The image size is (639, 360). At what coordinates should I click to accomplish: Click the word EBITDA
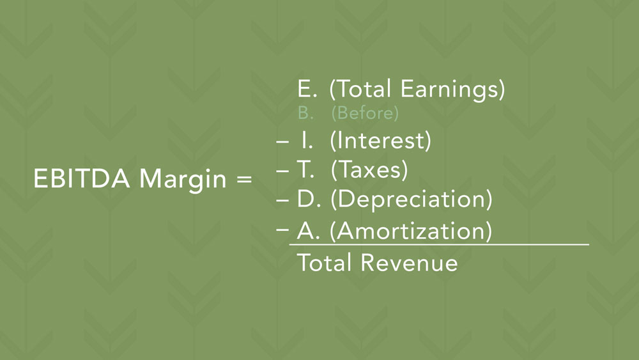click(x=82, y=178)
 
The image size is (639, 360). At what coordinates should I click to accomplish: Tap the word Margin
click(x=183, y=180)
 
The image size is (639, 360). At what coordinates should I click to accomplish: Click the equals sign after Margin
click(x=244, y=179)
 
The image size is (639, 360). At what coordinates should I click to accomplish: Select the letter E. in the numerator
click(x=307, y=88)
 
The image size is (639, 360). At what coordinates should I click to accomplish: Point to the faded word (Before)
click(x=365, y=113)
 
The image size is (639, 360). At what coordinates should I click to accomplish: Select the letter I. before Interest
click(x=307, y=141)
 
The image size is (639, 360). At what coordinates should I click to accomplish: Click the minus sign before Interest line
click(x=282, y=142)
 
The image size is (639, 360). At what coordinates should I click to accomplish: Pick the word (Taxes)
click(x=369, y=169)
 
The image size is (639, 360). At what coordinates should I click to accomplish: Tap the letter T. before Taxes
click(x=305, y=169)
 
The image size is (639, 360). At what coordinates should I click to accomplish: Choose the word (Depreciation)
click(x=411, y=199)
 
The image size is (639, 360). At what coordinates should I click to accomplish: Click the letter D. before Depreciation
click(x=309, y=199)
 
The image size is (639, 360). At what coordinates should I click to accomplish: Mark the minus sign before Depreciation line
click(x=282, y=200)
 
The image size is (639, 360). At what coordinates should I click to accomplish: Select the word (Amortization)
click(x=410, y=231)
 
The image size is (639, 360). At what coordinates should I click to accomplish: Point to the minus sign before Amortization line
click(x=282, y=230)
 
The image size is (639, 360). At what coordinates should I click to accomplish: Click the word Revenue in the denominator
click(x=409, y=263)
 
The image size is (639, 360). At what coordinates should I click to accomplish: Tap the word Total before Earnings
click(x=364, y=89)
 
